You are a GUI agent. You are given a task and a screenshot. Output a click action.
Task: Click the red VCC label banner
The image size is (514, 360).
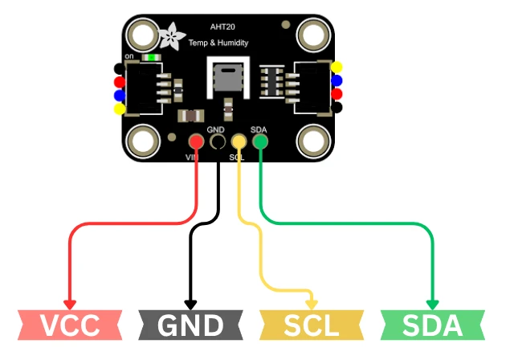tap(70, 325)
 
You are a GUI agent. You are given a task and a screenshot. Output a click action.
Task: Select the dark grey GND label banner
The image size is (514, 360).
tap(191, 325)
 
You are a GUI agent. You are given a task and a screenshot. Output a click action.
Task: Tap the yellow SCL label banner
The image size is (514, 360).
tap(311, 325)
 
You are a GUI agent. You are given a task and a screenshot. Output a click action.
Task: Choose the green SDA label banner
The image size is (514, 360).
tap(432, 325)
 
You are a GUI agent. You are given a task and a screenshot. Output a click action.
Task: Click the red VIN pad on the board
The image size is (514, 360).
tap(196, 142)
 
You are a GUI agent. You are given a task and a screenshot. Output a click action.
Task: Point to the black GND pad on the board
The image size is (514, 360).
tap(217, 142)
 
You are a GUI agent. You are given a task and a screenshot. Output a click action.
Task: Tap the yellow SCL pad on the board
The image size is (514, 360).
tap(239, 142)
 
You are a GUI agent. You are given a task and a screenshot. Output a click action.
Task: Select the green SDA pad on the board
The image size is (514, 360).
tap(260, 142)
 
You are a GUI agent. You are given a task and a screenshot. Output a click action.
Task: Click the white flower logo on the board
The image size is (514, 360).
tap(171, 36)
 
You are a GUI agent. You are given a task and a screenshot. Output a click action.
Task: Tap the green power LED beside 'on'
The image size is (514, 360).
tap(150, 58)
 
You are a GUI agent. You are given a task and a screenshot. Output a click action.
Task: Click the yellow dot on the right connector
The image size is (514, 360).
tap(337, 67)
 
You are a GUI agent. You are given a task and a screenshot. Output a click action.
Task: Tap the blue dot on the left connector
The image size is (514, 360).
tap(120, 95)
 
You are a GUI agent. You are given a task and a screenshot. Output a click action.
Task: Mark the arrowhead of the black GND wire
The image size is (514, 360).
tap(191, 305)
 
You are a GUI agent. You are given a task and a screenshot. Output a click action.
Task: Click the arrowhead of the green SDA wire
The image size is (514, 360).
tap(432, 305)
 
